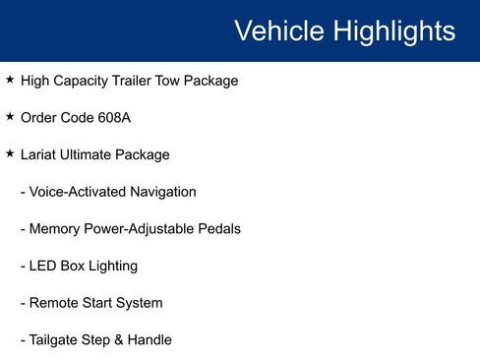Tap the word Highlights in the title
pyautogui.click(x=394, y=30)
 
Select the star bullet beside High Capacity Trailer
pyautogui.click(x=10, y=79)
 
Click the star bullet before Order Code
pyautogui.click(x=10, y=116)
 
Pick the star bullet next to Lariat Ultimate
pyautogui.click(x=10, y=153)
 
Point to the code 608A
pyautogui.click(x=114, y=118)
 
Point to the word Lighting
pyautogui.click(x=111, y=267)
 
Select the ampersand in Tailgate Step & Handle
pyautogui.click(x=120, y=340)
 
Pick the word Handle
pyautogui.click(x=150, y=340)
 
